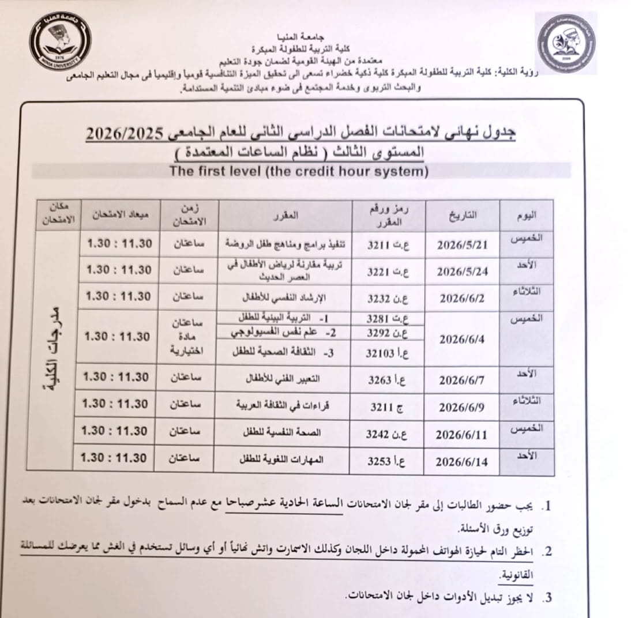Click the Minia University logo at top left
59,41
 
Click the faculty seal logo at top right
565,43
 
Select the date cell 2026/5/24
463,271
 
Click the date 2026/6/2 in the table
463,297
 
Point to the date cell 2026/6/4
463,339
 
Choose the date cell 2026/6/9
463,407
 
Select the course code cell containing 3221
388,271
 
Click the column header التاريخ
463,216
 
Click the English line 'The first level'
297,171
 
